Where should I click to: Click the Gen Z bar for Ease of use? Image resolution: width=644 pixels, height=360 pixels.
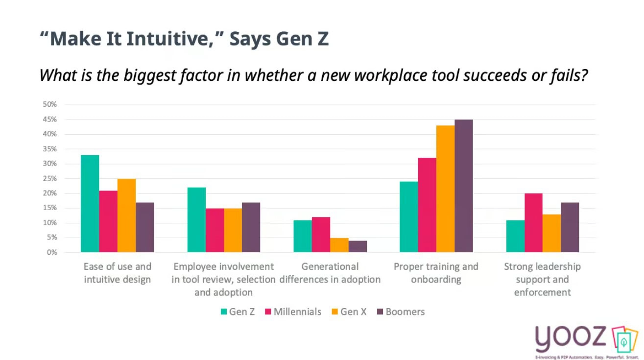pyautogui.click(x=90, y=204)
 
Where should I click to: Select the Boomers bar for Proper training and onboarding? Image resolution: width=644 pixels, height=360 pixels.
pyautogui.click(x=463, y=186)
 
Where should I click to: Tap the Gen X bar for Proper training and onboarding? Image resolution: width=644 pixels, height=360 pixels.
pyautogui.click(x=445, y=189)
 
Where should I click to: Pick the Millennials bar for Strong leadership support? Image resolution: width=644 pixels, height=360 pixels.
pyautogui.click(x=533, y=223)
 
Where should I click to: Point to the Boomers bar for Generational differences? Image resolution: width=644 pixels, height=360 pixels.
pyautogui.click(x=358, y=246)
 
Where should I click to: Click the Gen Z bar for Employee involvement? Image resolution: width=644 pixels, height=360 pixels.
pyautogui.click(x=196, y=220)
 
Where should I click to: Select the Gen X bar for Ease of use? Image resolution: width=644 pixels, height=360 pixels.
pyautogui.click(x=126, y=216)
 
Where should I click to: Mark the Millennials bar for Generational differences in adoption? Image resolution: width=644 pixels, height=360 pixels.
pyautogui.click(x=321, y=235)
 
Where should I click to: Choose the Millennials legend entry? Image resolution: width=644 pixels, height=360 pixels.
pyautogui.click(x=293, y=312)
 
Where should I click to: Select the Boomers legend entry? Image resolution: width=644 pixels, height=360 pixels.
pyautogui.click(x=401, y=312)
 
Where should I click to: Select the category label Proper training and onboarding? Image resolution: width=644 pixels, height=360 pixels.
pyautogui.click(x=436, y=273)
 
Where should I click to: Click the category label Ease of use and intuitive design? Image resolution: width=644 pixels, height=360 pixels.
pyautogui.click(x=117, y=273)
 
